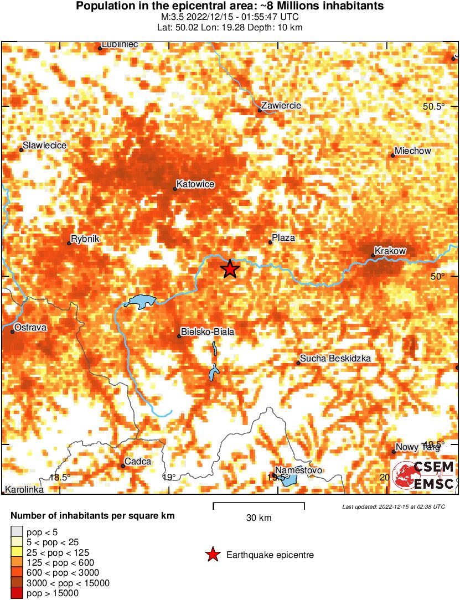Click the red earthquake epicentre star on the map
click(x=230, y=269)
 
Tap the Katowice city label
click(x=195, y=184)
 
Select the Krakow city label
click(x=390, y=251)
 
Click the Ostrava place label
click(x=31, y=328)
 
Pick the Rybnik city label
click(x=85, y=239)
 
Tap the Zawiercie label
click(x=281, y=105)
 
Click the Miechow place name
click(x=413, y=151)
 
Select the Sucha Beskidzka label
click(x=335, y=359)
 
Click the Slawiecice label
click(x=45, y=146)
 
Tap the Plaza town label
click(x=283, y=238)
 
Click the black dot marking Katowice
click(x=175, y=189)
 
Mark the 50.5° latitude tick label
click(x=435, y=106)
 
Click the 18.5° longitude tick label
click(x=60, y=477)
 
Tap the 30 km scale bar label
click(x=259, y=518)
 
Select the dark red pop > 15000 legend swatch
click(x=17, y=593)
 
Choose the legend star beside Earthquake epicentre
click(x=212, y=555)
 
